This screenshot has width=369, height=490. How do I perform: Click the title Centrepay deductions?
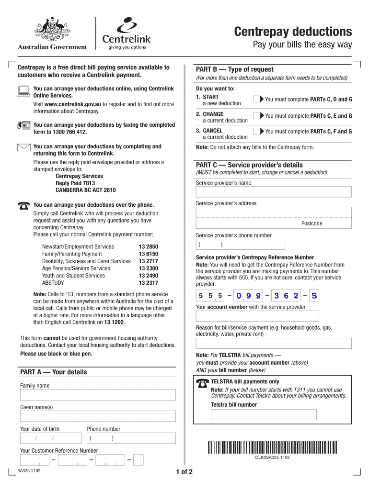[293, 32]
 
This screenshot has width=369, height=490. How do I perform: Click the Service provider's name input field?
[274, 192]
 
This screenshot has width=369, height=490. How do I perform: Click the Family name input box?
[98, 395]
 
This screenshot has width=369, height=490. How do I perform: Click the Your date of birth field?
[51, 438]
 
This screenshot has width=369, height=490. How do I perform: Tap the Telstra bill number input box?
[264, 414]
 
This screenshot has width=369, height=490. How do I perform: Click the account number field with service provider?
[257, 316]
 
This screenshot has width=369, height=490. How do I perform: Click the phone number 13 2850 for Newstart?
[148, 247]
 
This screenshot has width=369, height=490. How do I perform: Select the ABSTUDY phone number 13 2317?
[148, 283]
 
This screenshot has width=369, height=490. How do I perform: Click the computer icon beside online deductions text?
[23, 91]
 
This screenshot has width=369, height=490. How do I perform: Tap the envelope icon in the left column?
[23, 147]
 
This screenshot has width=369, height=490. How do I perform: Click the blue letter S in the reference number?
[314, 296]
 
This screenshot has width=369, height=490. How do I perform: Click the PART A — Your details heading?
[54, 372]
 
